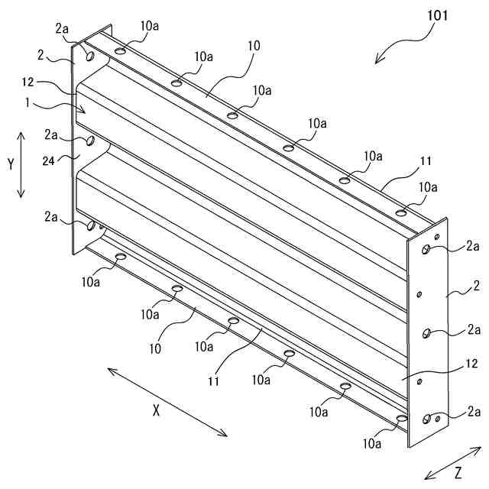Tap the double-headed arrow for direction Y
pyautogui.click(x=21, y=164)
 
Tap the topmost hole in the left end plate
pyautogui.click(x=90, y=56)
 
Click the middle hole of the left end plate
pyautogui.click(x=89, y=141)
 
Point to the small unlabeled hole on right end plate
pyautogui.click(x=419, y=293)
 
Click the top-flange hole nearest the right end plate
pyautogui.click(x=400, y=212)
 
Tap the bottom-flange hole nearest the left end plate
pyautogui.click(x=120, y=257)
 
